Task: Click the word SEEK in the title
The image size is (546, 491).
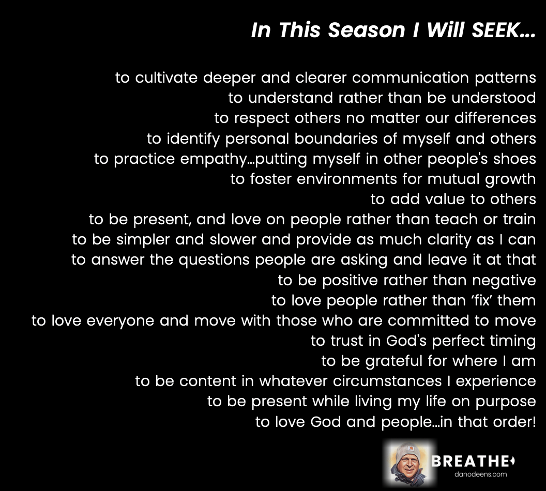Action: pos(496,30)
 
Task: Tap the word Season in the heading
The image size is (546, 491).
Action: pos(367,30)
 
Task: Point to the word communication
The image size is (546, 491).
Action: pos(411,77)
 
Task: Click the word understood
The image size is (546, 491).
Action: pos(494,98)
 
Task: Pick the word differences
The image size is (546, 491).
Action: pos(495,118)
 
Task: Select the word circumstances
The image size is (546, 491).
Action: pos(387,381)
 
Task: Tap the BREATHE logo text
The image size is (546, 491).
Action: pos(473,462)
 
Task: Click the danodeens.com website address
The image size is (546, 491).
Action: pos(480,474)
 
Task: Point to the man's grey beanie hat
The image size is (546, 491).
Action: pos(408,451)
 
